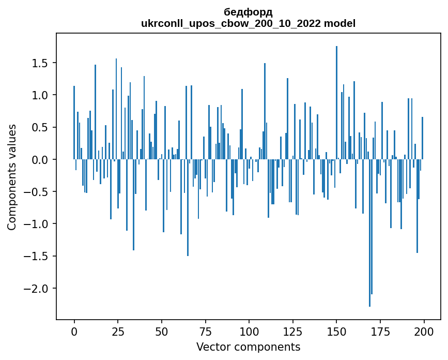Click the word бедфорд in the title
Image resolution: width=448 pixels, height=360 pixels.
coord(248,12)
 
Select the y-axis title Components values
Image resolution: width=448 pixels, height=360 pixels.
coord(12,177)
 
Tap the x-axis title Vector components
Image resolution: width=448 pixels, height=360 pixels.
coord(248,347)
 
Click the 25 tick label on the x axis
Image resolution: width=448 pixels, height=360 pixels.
coord(118,331)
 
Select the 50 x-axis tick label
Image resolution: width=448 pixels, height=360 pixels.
coord(162,331)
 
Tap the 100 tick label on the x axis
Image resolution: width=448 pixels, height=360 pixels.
coord(249,331)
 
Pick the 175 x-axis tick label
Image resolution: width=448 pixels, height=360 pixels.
coord(380,331)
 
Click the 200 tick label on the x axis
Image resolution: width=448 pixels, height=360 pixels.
coord(424,331)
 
